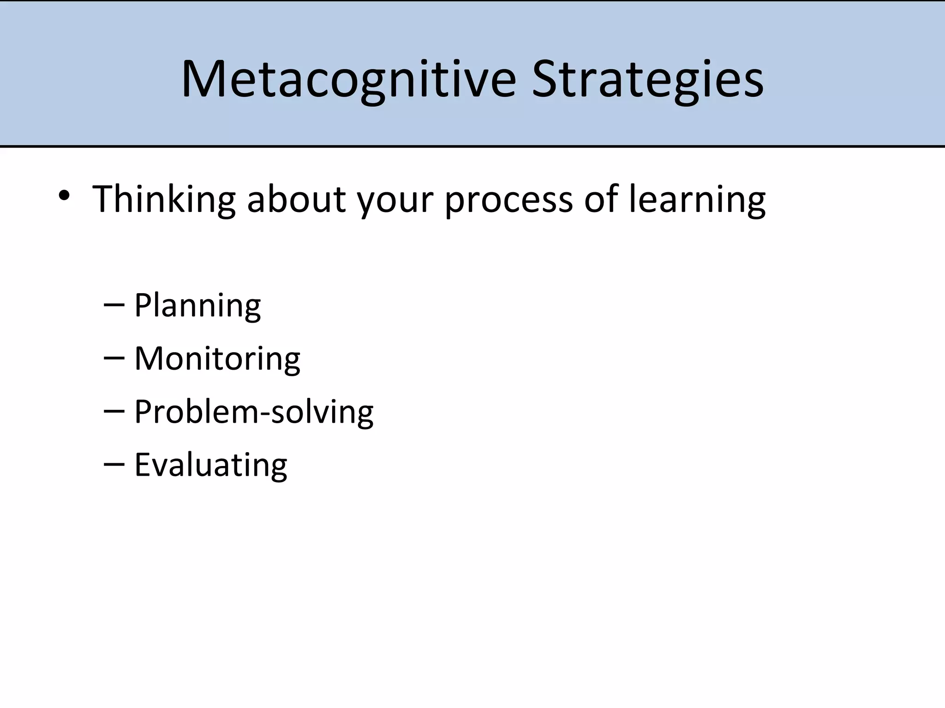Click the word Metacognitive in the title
348,79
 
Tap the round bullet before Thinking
64,196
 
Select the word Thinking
164,199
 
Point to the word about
296,199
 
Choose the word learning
697,199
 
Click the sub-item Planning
197,306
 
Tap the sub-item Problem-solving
254,412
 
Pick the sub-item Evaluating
210,465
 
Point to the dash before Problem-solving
114,412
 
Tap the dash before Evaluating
114,465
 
